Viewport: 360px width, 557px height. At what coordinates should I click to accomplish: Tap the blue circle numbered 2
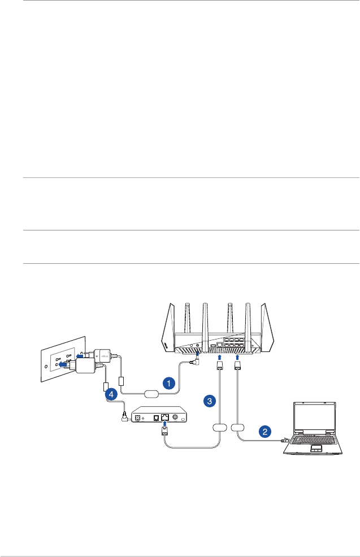[264, 431]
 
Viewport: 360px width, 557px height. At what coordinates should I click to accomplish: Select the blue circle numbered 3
[210, 401]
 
